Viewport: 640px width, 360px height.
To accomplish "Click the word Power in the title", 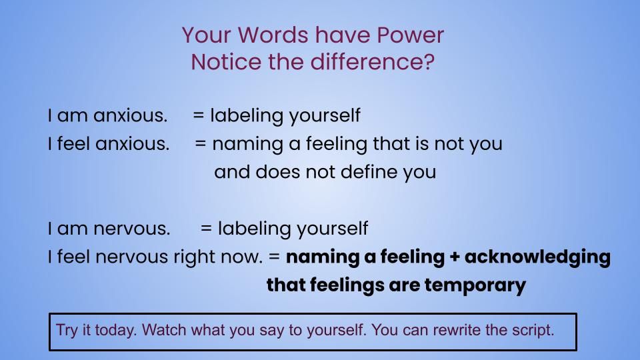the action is pyautogui.click(x=410, y=35).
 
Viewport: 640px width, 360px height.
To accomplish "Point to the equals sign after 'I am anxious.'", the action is pyautogui.click(x=199, y=115).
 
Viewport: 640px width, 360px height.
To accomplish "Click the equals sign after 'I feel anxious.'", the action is pyautogui.click(x=201, y=144).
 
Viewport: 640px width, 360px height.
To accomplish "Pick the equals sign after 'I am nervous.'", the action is pyautogui.click(x=206, y=228).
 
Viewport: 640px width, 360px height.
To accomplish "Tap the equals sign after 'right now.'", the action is pyautogui.click(x=274, y=257).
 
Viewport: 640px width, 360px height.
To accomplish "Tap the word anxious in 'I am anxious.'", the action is pyautogui.click(x=130, y=115).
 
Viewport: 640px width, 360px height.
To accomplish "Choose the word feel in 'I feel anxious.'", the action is pyautogui.click(x=73, y=144).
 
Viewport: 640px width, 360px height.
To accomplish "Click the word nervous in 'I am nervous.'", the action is pyautogui.click(x=131, y=229).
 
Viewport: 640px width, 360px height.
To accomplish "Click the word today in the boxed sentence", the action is pyautogui.click(x=115, y=330).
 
